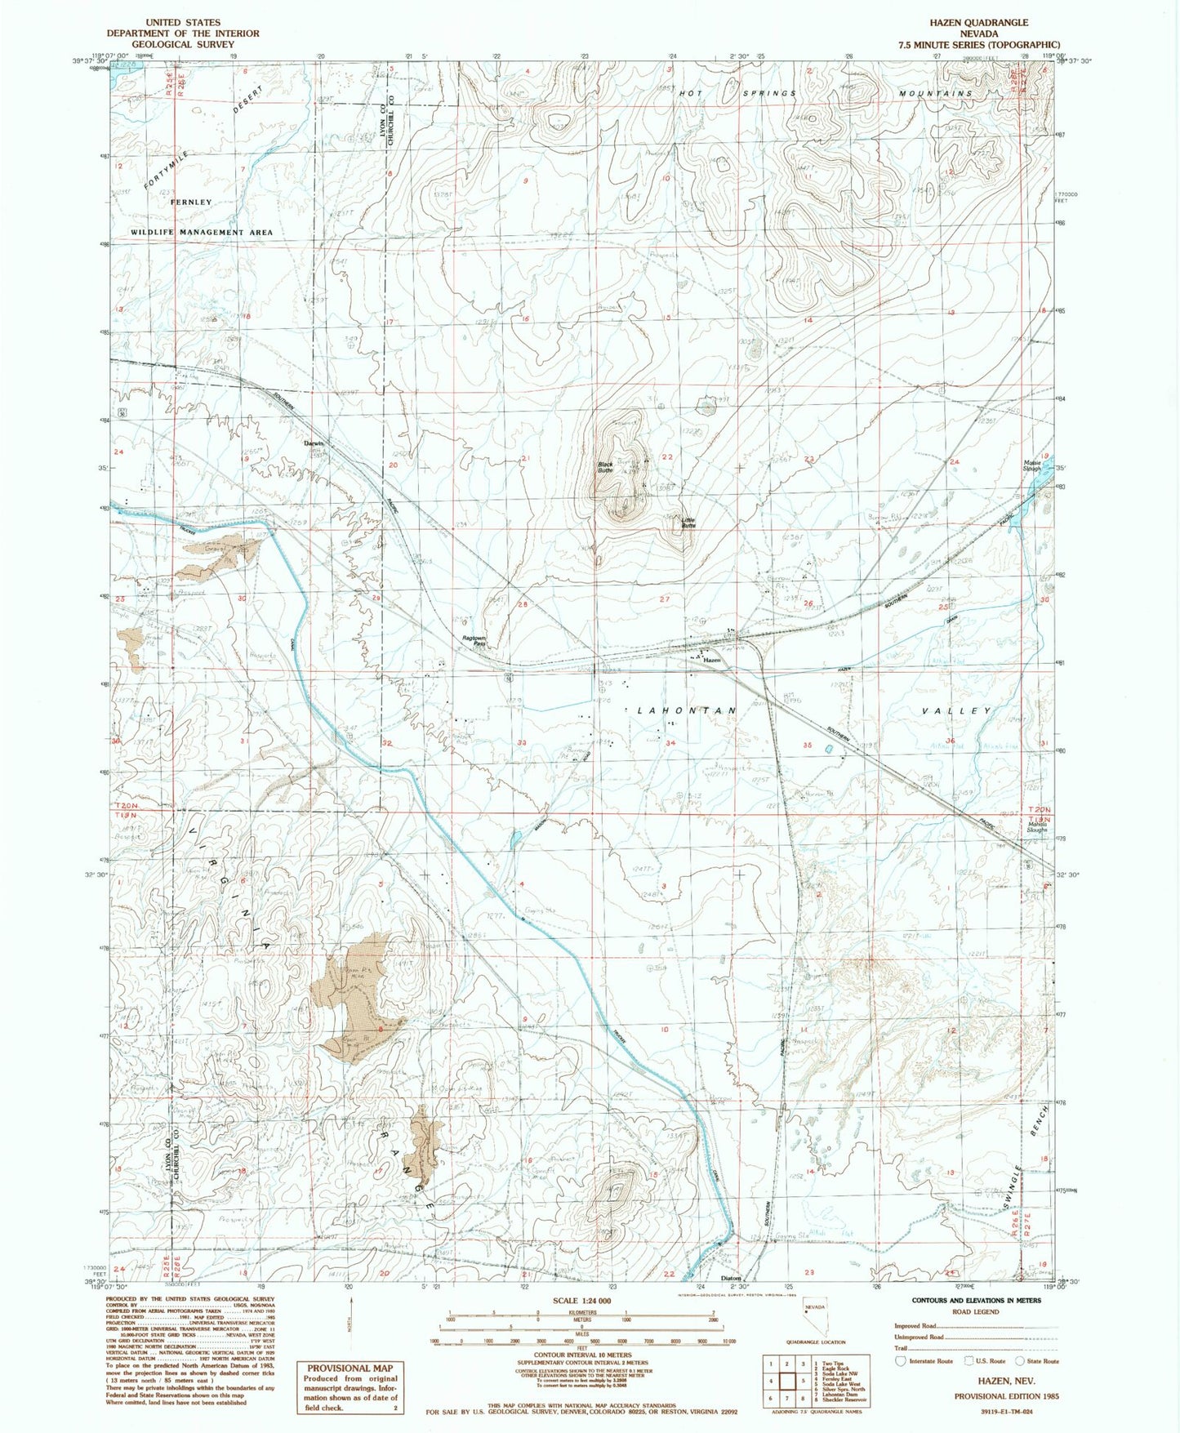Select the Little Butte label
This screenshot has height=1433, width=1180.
688,523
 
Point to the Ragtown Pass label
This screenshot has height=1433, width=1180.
474,641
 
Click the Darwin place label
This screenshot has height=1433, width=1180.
314,443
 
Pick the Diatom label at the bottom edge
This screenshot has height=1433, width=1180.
730,1279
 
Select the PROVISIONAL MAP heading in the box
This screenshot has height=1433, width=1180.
349,1368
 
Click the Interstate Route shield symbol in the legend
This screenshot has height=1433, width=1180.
901,1361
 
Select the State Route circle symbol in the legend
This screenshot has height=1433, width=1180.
1020,1361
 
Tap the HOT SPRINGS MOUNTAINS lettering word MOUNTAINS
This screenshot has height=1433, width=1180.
936,94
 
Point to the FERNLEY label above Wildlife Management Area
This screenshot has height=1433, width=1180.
191,202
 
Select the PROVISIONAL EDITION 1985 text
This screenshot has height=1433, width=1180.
1006,1396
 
